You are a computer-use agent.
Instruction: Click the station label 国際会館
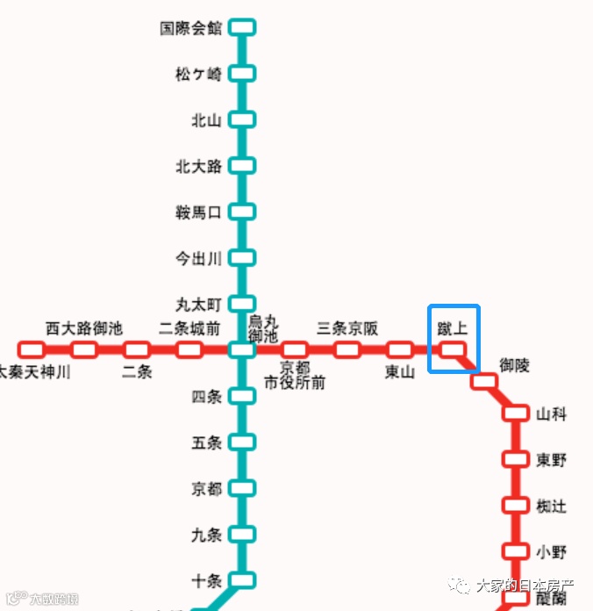point(190,28)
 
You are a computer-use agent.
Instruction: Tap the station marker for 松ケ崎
point(242,74)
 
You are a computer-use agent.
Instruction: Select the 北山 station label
point(207,120)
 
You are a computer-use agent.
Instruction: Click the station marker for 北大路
point(242,165)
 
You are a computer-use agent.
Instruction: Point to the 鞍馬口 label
point(199,212)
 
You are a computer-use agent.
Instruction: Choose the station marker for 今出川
point(242,257)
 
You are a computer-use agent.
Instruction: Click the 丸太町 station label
point(199,305)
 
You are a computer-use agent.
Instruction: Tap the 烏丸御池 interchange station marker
point(242,350)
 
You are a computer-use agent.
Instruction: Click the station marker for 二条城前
point(189,350)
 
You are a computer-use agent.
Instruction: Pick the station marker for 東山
point(400,350)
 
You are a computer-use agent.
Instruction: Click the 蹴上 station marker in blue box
point(453,350)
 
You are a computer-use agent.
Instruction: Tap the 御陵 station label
point(515,365)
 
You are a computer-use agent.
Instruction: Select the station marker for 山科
point(515,413)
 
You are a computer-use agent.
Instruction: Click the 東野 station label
point(552,459)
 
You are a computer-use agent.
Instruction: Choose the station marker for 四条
point(242,396)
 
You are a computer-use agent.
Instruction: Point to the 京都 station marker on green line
point(242,488)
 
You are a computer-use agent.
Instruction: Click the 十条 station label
point(207,580)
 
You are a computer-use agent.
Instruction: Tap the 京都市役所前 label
point(295,375)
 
